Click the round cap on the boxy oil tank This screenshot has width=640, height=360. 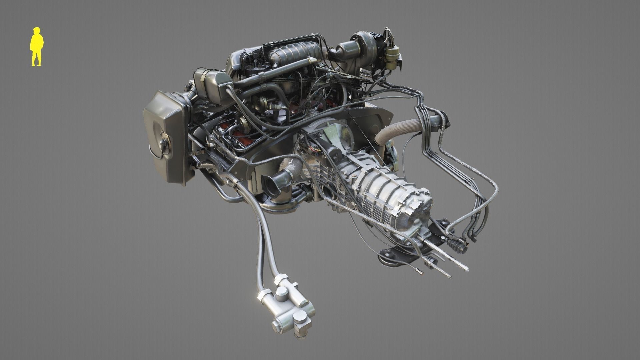click(x=164, y=143)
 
